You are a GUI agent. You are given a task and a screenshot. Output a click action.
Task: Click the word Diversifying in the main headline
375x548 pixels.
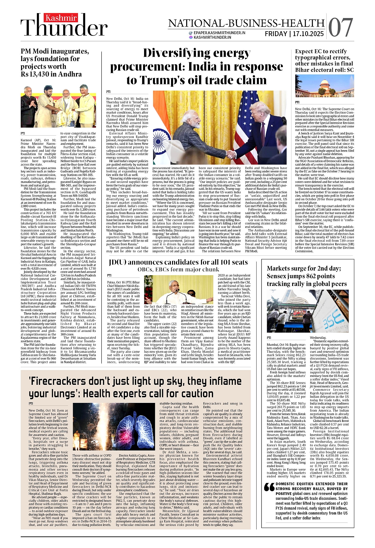click(197, 53)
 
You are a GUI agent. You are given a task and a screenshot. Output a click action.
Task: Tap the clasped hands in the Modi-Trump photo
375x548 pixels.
click(232, 154)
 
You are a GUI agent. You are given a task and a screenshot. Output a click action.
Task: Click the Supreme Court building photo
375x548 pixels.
click(324, 87)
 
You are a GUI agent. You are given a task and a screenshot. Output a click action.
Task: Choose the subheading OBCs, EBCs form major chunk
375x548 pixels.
click(178, 270)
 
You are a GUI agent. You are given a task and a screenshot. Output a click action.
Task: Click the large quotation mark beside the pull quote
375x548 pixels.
click(269, 487)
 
